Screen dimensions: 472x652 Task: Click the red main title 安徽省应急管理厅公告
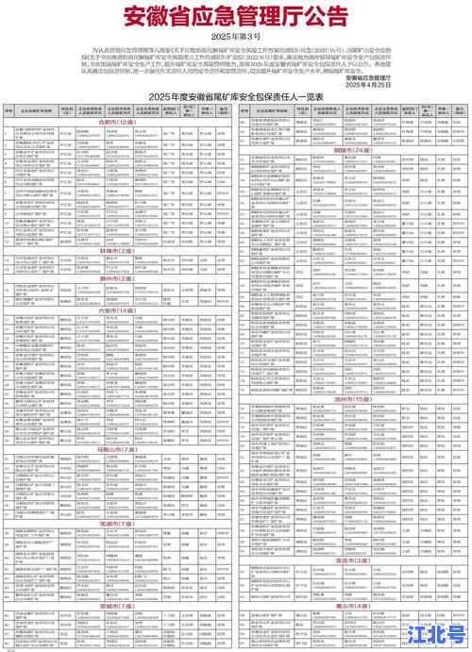point(235,17)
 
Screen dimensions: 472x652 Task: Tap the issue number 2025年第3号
point(236,38)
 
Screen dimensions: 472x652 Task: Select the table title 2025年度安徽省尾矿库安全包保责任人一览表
point(236,97)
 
